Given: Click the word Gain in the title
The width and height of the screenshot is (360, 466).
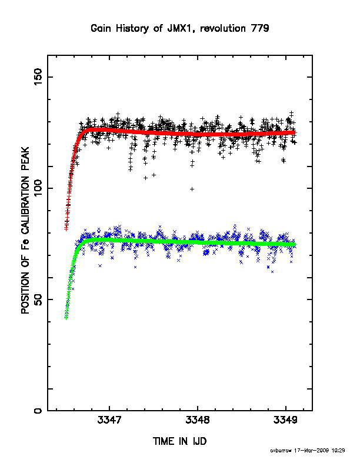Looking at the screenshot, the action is [102, 28].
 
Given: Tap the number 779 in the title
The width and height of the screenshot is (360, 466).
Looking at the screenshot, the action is [260, 28].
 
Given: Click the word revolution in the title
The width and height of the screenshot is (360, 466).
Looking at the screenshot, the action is [223, 28].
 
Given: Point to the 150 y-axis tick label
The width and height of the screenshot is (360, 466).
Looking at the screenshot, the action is [38, 76].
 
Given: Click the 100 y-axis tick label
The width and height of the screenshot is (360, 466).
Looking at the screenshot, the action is [38, 188].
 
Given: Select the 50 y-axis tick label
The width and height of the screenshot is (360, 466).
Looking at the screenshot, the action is [38, 299].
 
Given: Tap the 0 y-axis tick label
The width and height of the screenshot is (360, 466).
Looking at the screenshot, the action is [38, 411].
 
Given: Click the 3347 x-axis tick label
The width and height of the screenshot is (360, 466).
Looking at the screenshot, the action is [109, 420].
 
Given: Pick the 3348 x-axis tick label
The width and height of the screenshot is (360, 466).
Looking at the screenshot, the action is [198, 420].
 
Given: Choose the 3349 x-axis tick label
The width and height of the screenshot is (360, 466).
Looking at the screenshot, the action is [285, 420].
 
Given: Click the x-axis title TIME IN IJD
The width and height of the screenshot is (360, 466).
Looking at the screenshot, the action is [179, 441].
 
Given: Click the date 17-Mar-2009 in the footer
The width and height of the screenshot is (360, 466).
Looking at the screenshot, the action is [311, 451].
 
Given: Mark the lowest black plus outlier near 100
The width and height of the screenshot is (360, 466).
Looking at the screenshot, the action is [192, 189].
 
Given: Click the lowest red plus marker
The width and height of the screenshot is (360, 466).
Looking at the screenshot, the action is [66, 228].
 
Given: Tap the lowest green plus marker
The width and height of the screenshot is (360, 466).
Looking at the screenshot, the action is [66, 318].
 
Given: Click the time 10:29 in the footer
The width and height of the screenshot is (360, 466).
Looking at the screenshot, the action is [338, 451].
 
